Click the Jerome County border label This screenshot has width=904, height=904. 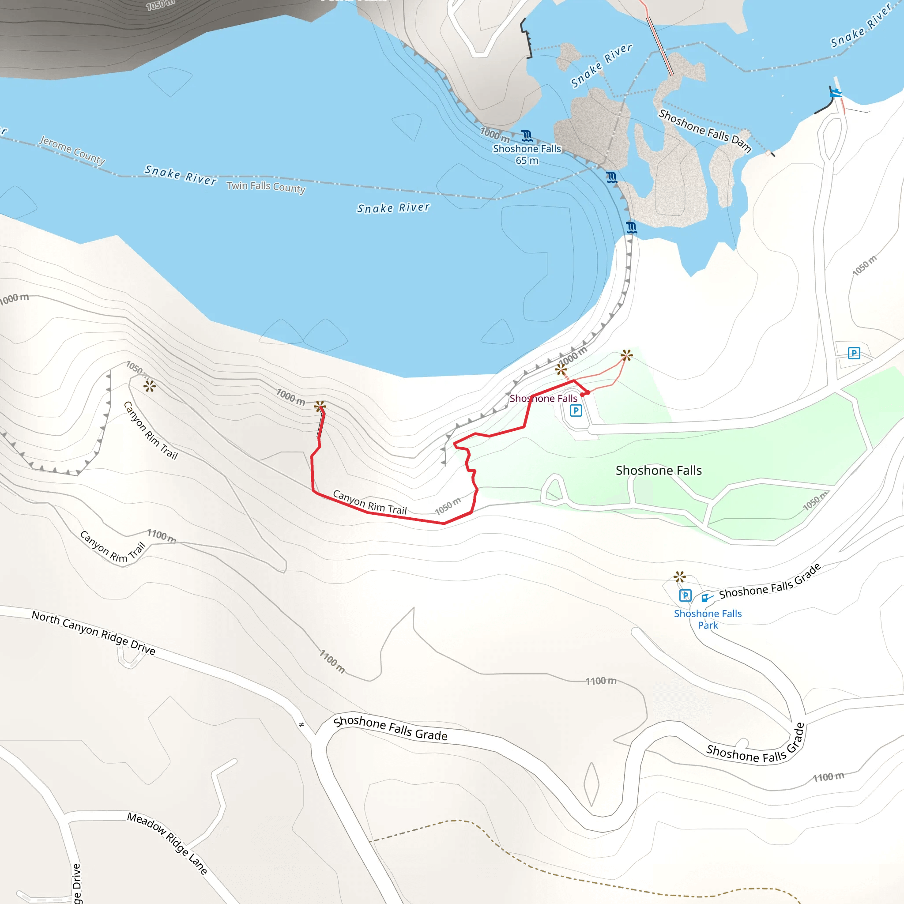[x=72, y=150]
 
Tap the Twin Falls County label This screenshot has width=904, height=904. [x=266, y=187]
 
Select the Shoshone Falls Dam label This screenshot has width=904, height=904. [x=704, y=131]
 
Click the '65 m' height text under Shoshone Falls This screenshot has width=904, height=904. [x=527, y=161]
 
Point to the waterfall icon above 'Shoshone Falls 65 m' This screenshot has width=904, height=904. [x=527, y=136]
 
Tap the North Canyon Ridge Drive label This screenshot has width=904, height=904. [x=94, y=633]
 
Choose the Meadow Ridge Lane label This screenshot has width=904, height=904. [x=167, y=843]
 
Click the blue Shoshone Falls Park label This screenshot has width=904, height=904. [x=708, y=619]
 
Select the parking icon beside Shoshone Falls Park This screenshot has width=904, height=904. [x=685, y=595]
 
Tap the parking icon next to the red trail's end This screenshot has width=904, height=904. [x=576, y=411]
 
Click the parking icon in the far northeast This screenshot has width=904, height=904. [x=854, y=353]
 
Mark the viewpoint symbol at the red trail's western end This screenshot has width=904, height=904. [x=320, y=406]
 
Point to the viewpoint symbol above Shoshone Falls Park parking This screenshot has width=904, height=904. [x=679, y=576]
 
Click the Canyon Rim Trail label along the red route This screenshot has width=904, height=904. [x=369, y=501]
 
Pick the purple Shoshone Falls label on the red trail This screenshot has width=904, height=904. [x=543, y=398]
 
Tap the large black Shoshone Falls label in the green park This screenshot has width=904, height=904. [x=658, y=470]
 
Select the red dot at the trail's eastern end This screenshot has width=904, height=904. [x=583, y=395]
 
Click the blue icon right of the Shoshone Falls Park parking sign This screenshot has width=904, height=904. [x=706, y=597]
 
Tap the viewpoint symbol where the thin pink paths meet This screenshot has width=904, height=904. [x=626, y=355]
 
